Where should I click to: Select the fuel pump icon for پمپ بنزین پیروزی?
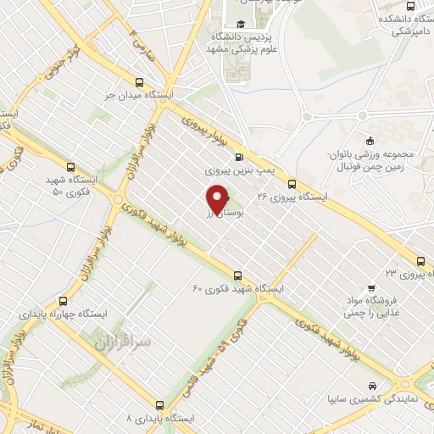(x=238, y=156)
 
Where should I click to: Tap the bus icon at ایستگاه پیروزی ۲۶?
(x=292, y=182)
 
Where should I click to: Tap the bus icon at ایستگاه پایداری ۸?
(x=159, y=406)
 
